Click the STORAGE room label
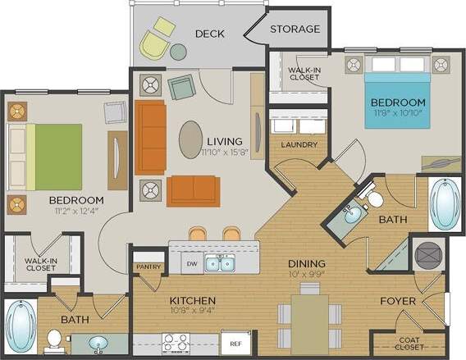point(295,29)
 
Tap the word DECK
point(210,34)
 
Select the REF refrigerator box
point(235,343)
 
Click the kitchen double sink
point(218,263)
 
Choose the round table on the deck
point(178,51)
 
